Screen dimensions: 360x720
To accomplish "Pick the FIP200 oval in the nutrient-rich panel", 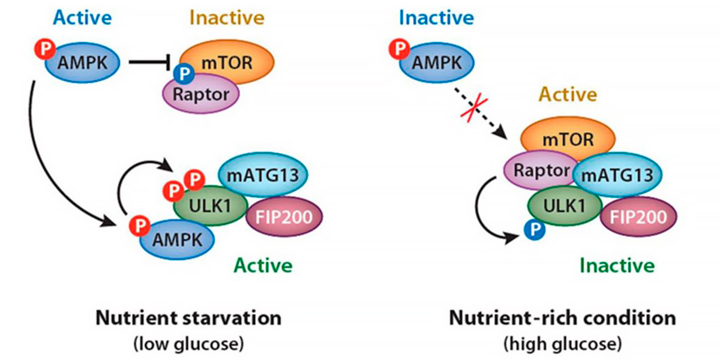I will click(638, 217).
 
